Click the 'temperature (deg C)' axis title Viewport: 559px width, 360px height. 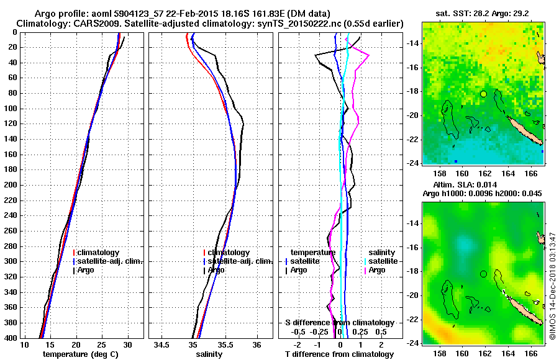click(x=80, y=354)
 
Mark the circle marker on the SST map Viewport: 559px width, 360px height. click(x=483, y=93)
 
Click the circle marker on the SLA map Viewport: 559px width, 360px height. click(x=483, y=274)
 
